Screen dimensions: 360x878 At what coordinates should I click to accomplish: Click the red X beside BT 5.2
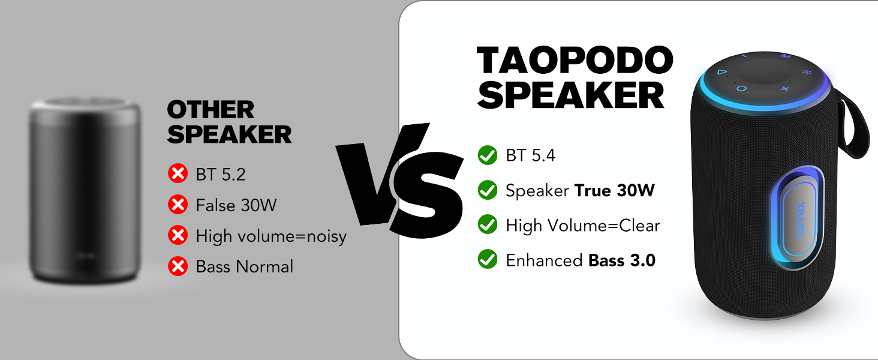(x=178, y=174)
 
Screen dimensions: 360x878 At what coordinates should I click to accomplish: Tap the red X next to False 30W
(x=178, y=205)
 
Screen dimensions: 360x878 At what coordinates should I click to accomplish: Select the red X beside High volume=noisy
(x=178, y=236)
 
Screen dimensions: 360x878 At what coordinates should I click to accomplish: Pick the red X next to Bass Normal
(x=178, y=266)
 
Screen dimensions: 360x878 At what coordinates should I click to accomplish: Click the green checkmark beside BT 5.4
(x=487, y=155)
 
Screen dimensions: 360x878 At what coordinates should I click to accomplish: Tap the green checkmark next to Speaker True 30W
(x=487, y=190)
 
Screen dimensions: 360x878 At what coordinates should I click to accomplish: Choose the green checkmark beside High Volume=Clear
(x=487, y=225)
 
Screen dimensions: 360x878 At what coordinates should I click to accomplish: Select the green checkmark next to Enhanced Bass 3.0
(x=487, y=260)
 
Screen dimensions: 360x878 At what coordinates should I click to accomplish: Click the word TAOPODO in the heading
(x=575, y=61)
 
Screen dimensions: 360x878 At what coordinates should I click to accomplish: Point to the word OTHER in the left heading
(x=211, y=110)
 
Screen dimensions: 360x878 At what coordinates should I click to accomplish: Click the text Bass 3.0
(x=622, y=260)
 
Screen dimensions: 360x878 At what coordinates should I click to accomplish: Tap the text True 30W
(x=614, y=191)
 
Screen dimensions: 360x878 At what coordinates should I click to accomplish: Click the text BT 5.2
(x=221, y=175)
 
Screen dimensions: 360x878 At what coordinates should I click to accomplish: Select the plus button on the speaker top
(x=784, y=89)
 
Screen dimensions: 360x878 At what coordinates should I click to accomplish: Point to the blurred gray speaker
(x=85, y=192)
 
